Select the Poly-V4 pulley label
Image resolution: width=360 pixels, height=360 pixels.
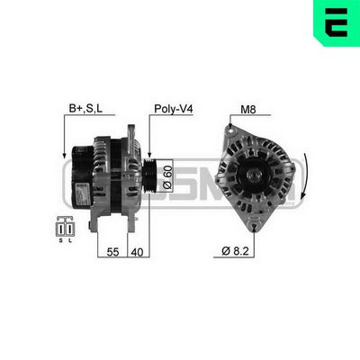(x=175, y=111)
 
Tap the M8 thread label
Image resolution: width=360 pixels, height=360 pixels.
(x=248, y=111)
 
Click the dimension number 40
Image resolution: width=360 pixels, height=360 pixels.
(x=137, y=254)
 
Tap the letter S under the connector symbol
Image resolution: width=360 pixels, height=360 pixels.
(x=61, y=240)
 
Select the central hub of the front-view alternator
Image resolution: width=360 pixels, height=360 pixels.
(x=249, y=171)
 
